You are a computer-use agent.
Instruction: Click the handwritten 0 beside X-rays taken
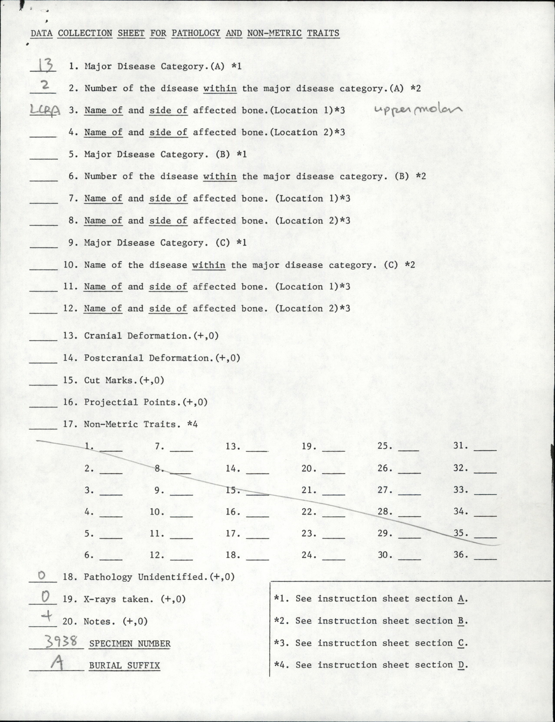(46, 596)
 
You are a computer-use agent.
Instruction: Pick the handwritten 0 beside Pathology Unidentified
(42, 576)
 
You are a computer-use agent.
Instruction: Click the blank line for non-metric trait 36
(485, 558)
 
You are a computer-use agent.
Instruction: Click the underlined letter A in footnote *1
(461, 599)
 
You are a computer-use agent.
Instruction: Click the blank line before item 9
(44, 246)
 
